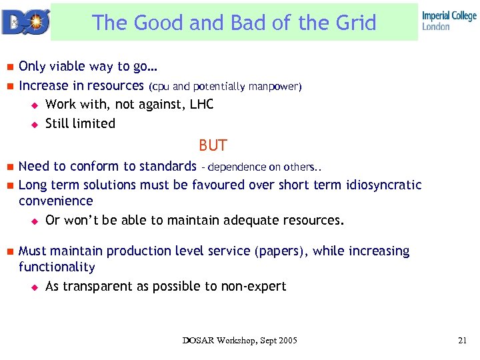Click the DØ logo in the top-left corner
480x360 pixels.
click(x=25, y=21)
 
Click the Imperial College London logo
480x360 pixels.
click(x=449, y=21)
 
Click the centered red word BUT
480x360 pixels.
click(x=213, y=145)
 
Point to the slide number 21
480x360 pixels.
click(x=462, y=341)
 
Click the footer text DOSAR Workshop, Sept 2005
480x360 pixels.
click(x=240, y=341)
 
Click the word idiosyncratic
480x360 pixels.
click(x=384, y=185)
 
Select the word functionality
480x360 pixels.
click(x=57, y=267)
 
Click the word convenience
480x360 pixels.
click(x=56, y=201)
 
